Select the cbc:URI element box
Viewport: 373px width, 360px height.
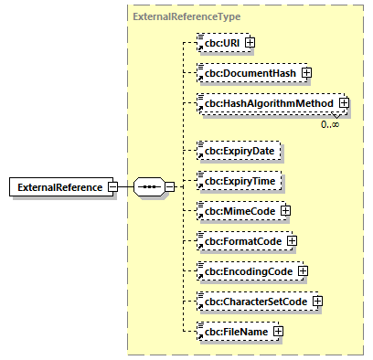221,42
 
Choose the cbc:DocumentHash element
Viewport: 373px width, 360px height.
248,73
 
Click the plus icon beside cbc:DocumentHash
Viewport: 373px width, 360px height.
307,73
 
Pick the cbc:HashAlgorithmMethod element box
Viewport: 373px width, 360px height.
266,104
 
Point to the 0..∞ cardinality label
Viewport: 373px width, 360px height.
331,123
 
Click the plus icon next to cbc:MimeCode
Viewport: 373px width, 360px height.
285,210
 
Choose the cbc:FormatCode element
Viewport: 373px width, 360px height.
240,240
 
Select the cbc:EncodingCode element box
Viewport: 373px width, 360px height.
246,270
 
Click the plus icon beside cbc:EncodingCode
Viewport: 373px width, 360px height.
303,270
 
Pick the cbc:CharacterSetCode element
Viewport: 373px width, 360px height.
254,301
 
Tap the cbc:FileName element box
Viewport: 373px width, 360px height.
234,331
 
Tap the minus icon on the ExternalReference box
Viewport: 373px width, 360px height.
112,187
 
